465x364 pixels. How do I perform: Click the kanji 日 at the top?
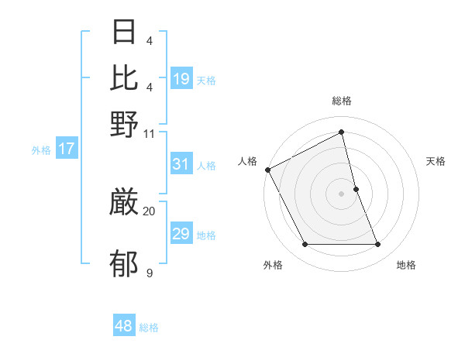124,32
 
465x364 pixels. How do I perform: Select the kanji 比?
124,77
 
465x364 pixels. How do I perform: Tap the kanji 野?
124,124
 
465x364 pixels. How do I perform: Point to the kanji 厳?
124,203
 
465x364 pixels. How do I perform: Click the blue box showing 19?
181,79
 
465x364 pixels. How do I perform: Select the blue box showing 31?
181,164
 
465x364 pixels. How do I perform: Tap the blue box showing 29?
181,234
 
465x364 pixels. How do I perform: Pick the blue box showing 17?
66,149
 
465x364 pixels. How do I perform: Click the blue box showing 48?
124,326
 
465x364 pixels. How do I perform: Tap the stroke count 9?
149,273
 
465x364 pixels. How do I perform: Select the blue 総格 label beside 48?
149,328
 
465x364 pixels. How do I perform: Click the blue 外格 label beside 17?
40,150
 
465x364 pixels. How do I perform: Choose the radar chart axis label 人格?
248,161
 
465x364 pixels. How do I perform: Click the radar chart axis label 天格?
436,161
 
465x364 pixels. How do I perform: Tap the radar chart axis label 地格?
406,266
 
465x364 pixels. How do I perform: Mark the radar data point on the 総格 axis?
342,132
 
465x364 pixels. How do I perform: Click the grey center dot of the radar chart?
342,194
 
